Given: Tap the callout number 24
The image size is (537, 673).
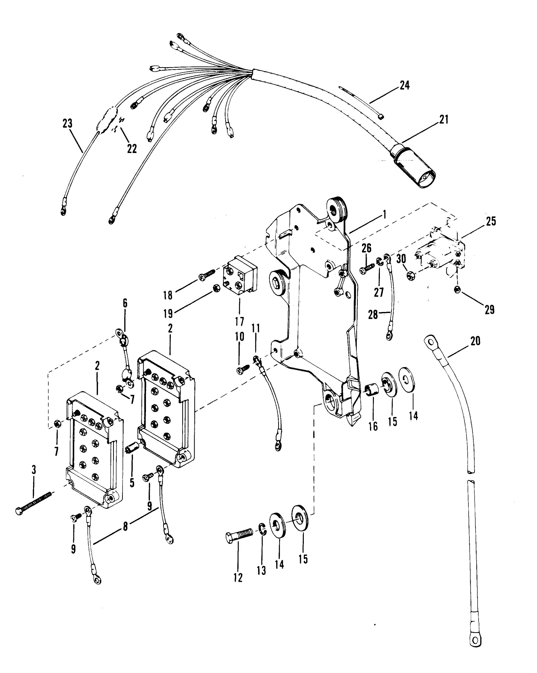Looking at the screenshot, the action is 404,85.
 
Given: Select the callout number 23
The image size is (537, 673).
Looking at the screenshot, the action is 67,123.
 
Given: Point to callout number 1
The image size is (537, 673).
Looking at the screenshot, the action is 385,214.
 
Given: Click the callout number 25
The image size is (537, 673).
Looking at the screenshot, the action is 491,222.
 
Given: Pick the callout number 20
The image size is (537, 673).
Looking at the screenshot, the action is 475,341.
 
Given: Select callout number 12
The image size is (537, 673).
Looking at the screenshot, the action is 238,578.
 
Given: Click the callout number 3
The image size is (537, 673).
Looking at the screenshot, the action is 34,470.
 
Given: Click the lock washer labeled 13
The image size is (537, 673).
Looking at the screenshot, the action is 262,530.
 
